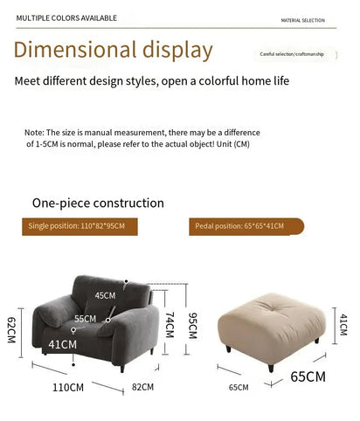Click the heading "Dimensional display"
[114, 50]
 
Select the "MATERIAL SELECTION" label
[302, 19]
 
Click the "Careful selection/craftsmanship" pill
[291, 54]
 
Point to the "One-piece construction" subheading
[98, 203]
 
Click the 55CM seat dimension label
[85, 319]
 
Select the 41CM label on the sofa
[62, 344]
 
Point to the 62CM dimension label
[11, 330]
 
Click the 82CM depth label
[142, 386]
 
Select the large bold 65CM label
[308, 377]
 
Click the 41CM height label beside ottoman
[343, 325]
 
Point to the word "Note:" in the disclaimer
[34, 132]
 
